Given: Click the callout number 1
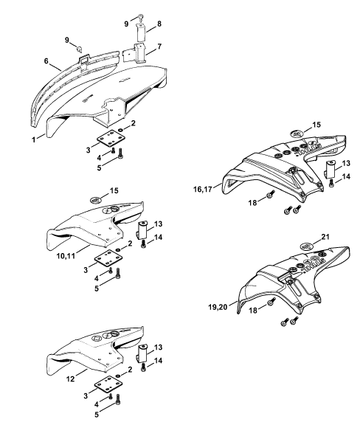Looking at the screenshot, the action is (x=34, y=140).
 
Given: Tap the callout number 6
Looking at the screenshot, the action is (x=46, y=61).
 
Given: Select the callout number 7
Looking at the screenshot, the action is (x=159, y=46).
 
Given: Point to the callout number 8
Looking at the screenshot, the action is (x=159, y=24).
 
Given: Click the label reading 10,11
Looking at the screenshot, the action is (x=66, y=255).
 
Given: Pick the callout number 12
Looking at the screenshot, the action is (x=70, y=379).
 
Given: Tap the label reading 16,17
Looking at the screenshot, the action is (x=203, y=189).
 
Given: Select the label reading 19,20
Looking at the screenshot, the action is (x=218, y=308).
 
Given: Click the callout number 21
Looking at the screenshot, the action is (x=325, y=237).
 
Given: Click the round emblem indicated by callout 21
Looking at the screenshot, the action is (x=307, y=247).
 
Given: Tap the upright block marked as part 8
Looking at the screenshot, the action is (x=140, y=32).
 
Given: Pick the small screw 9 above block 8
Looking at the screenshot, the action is (x=141, y=17).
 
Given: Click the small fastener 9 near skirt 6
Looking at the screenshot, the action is (x=80, y=49).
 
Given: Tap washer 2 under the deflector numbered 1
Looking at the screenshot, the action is (x=121, y=129).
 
